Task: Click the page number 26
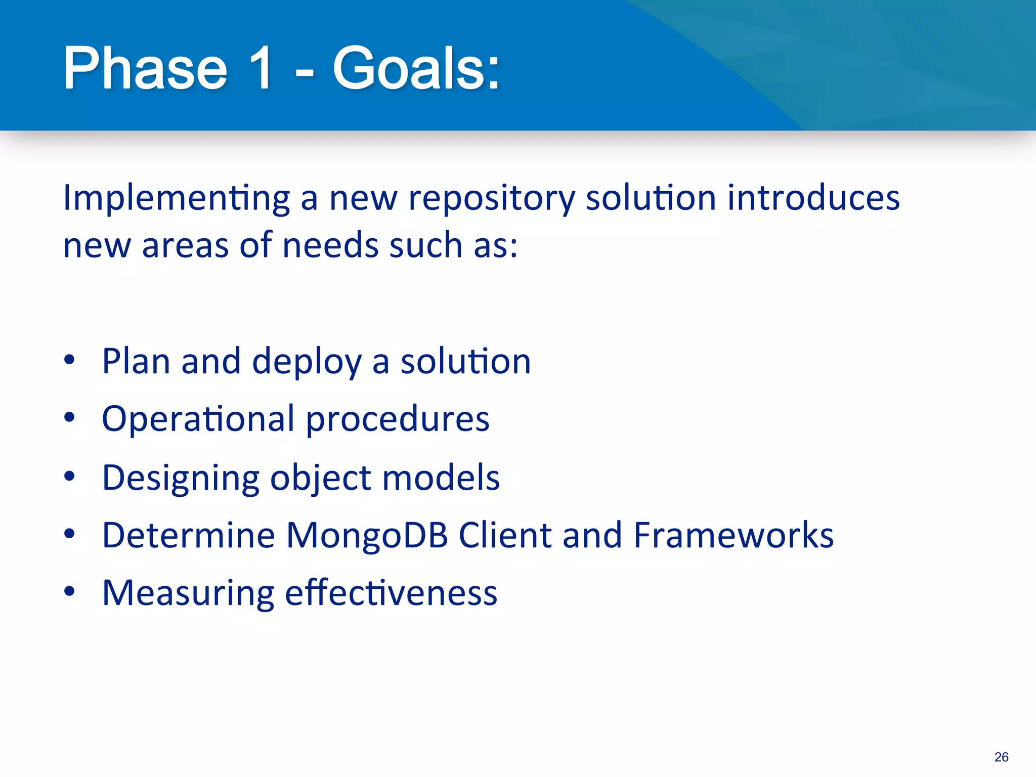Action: point(1001,757)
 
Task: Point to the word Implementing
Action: point(176,198)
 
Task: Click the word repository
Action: point(491,198)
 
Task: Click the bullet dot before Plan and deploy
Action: point(70,360)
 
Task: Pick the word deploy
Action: point(307,363)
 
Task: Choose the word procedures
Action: point(398,420)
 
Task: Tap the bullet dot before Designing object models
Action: point(70,476)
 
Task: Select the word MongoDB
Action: point(367,536)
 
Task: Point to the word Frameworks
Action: point(733,535)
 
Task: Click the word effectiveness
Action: point(391,593)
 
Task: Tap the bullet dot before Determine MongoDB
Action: point(70,533)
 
